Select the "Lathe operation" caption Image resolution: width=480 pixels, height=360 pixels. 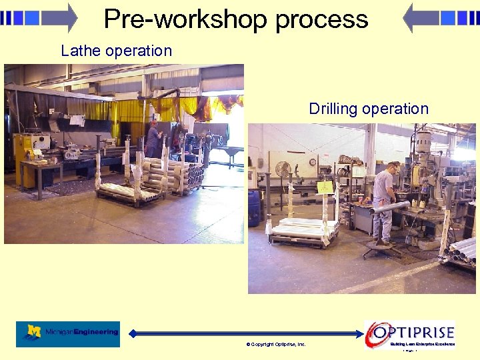(x=116, y=51)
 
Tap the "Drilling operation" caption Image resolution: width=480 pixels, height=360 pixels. (x=369, y=109)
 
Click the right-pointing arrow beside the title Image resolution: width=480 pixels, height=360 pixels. (x=40, y=17)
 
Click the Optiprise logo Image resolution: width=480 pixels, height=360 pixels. (x=411, y=333)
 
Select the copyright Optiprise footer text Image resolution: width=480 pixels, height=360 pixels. (x=276, y=345)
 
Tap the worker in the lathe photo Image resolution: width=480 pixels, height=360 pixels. (x=153, y=139)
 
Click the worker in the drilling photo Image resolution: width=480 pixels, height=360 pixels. (x=383, y=200)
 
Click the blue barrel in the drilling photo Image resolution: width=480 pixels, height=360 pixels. (x=254, y=208)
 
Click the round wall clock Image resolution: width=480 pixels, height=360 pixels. (x=312, y=162)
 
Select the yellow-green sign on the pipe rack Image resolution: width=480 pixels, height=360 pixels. (x=325, y=187)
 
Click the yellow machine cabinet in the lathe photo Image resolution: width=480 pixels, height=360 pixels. (x=27, y=160)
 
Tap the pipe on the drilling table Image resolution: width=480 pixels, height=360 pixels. (x=390, y=208)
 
